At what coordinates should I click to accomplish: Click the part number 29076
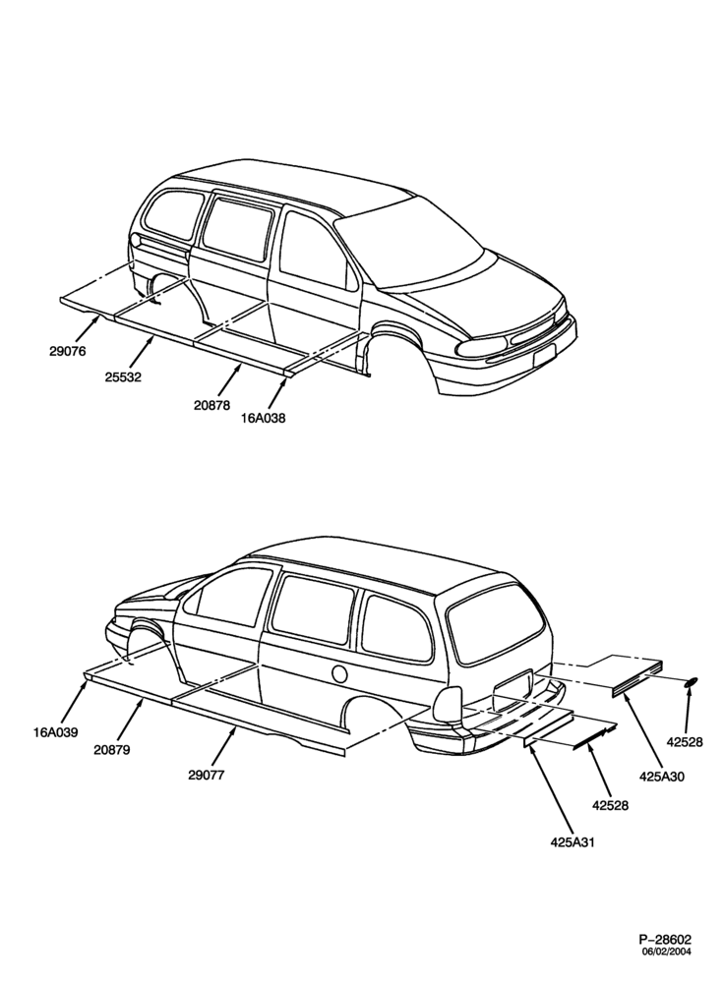tap(68, 351)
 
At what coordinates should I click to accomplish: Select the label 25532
tap(124, 377)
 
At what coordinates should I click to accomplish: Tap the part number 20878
tap(211, 405)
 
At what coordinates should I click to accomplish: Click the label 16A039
tap(56, 731)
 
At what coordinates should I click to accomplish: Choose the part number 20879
tap(112, 749)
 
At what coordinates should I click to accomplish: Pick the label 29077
tap(206, 775)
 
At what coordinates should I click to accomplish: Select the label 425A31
tap(573, 842)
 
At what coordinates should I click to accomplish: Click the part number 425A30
tap(662, 777)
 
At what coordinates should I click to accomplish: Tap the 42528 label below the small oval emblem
tap(685, 742)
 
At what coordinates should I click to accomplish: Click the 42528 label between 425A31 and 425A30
tap(611, 806)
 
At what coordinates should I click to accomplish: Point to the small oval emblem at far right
tap(691, 681)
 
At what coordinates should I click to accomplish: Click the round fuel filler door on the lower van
tap(338, 674)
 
